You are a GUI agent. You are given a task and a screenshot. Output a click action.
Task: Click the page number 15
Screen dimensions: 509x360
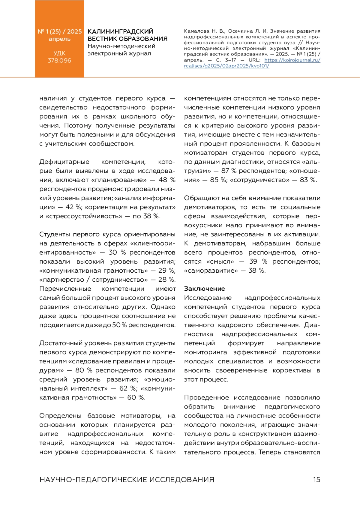pos(316,480)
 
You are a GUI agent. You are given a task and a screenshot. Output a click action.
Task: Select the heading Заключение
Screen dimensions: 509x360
pos(204,289)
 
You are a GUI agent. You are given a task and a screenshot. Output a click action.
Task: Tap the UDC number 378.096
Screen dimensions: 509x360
pos(59,60)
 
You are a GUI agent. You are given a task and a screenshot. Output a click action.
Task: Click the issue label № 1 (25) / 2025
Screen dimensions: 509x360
pos(59,31)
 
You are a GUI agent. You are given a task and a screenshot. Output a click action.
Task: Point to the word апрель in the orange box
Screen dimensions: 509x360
pos(59,39)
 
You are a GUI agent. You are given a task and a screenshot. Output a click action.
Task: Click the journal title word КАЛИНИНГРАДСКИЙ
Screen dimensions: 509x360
pos(120,31)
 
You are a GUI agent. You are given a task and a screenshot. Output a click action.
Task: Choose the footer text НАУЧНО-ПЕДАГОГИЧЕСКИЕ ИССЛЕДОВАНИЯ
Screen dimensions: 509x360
pos(127,480)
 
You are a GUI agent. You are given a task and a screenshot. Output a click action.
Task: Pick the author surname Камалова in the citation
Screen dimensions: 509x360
pos(196,31)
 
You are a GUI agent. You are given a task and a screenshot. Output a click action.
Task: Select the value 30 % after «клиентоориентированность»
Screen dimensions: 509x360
pos(117,252)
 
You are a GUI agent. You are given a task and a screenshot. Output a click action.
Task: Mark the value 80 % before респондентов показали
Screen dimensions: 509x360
pos(84,370)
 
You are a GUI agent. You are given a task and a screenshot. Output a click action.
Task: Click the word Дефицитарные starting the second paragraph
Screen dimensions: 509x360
pos(64,162)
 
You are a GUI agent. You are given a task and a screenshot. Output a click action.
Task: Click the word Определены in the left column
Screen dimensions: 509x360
pos(60,416)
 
